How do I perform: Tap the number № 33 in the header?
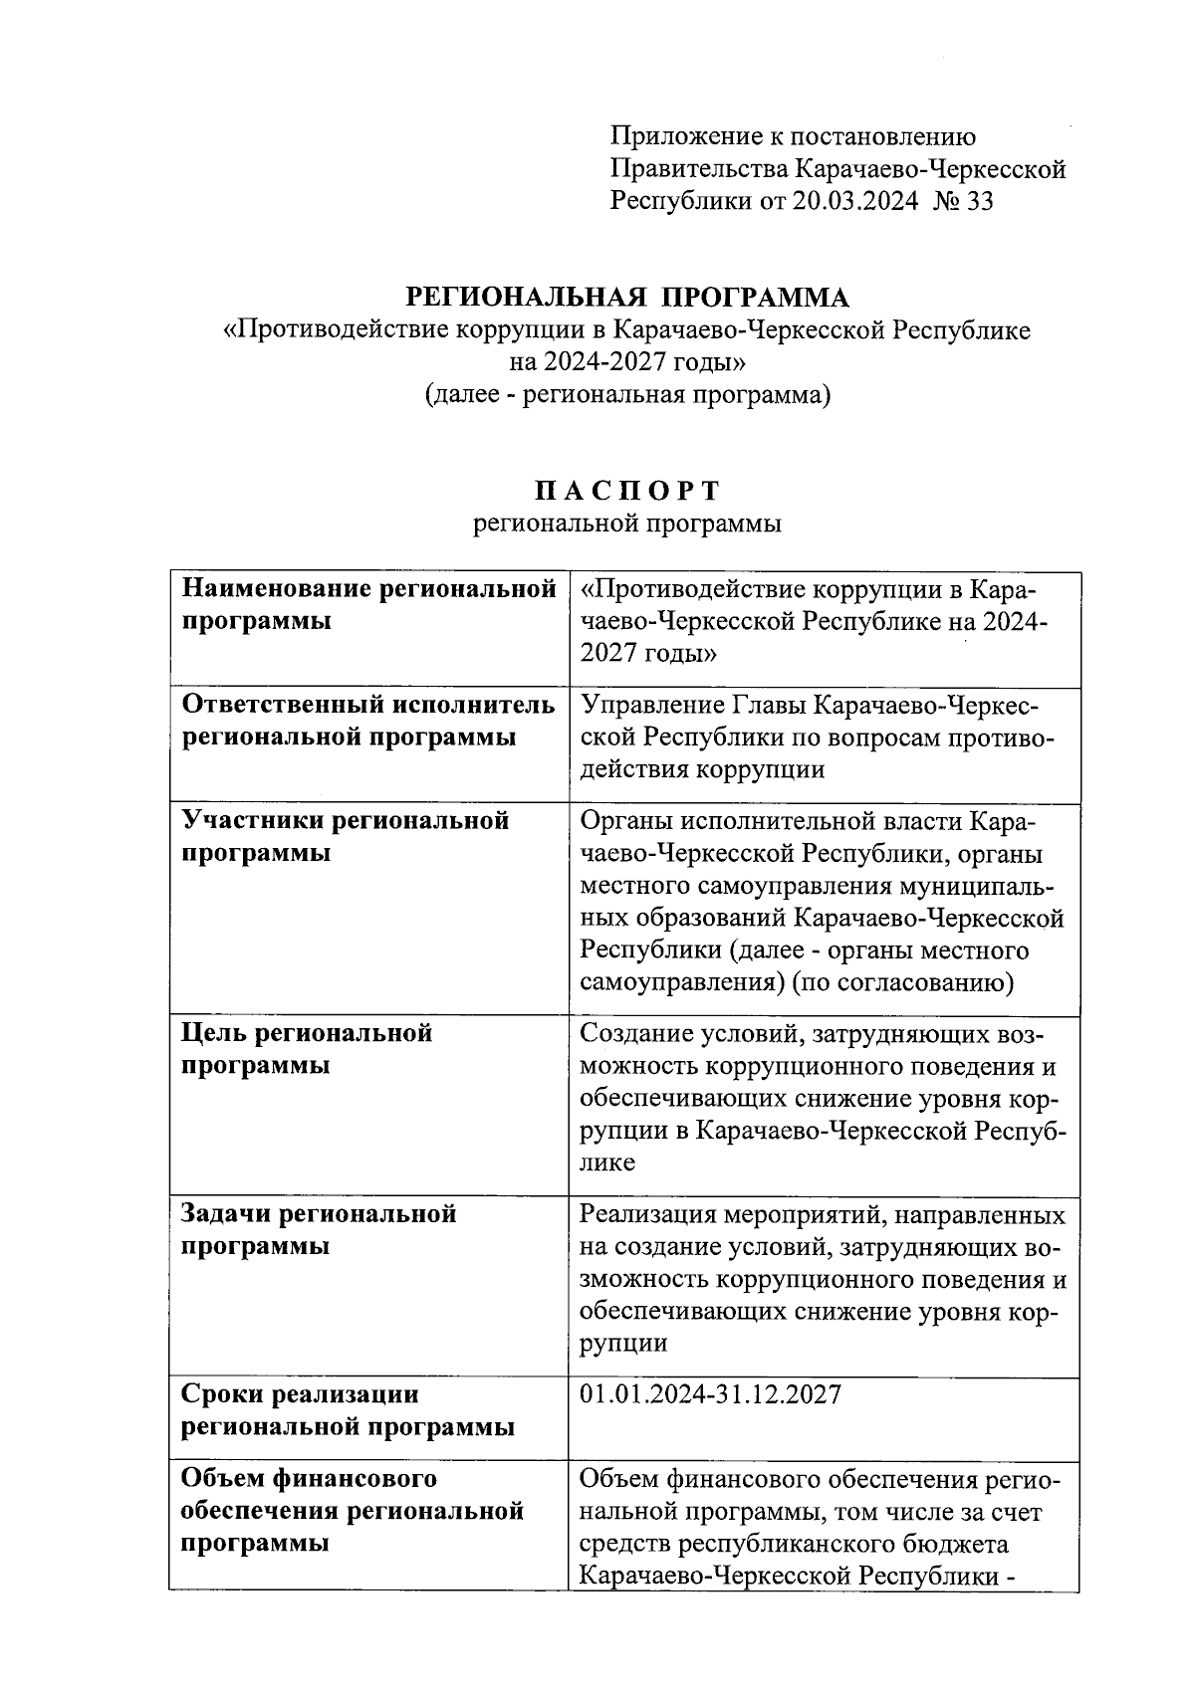(x=964, y=202)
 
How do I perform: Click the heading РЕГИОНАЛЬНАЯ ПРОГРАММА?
(x=627, y=297)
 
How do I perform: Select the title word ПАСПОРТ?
(x=627, y=491)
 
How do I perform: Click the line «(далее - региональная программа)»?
(x=627, y=395)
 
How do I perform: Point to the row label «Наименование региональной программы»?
(x=367, y=605)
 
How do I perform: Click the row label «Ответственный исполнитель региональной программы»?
(x=367, y=722)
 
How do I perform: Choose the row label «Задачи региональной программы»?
(x=318, y=1229)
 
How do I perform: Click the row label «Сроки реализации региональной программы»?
(x=348, y=1410)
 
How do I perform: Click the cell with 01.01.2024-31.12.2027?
(x=710, y=1394)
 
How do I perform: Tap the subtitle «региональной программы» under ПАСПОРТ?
(x=627, y=524)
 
